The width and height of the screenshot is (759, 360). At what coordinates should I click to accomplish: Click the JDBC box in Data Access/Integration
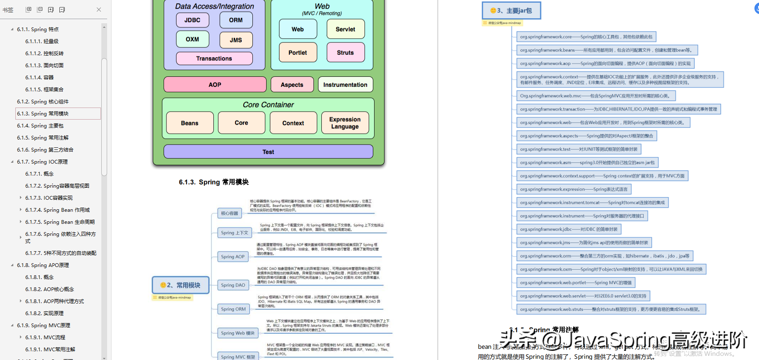[192, 20]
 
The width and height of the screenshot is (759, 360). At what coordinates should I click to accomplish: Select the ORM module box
[236, 20]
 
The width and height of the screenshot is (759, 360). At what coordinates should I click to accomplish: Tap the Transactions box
[214, 59]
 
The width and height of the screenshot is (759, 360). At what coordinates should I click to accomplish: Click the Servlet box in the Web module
[345, 29]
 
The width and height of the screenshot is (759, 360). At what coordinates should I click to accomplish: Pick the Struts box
[345, 53]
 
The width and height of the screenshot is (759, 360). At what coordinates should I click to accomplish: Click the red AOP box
[215, 85]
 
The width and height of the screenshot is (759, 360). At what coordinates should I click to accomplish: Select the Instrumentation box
[345, 85]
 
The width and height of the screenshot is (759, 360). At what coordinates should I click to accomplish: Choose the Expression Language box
[345, 123]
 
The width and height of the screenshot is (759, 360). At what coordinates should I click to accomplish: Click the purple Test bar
[268, 152]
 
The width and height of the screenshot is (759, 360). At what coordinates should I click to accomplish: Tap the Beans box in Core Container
[190, 123]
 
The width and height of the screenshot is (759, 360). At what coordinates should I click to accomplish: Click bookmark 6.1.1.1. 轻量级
[42, 42]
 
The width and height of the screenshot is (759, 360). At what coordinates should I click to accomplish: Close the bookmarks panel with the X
[99, 10]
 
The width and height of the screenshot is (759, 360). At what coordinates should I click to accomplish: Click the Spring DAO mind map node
[233, 285]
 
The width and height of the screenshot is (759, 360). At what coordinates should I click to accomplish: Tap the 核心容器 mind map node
[230, 213]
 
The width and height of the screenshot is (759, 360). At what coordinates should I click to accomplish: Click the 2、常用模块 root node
[181, 285]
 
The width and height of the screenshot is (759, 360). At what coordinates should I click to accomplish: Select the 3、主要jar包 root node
[512, 11]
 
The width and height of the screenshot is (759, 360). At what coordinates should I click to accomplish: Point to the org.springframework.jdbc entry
[568, 229]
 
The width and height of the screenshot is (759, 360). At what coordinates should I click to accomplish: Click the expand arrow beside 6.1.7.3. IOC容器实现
[21, 198]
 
